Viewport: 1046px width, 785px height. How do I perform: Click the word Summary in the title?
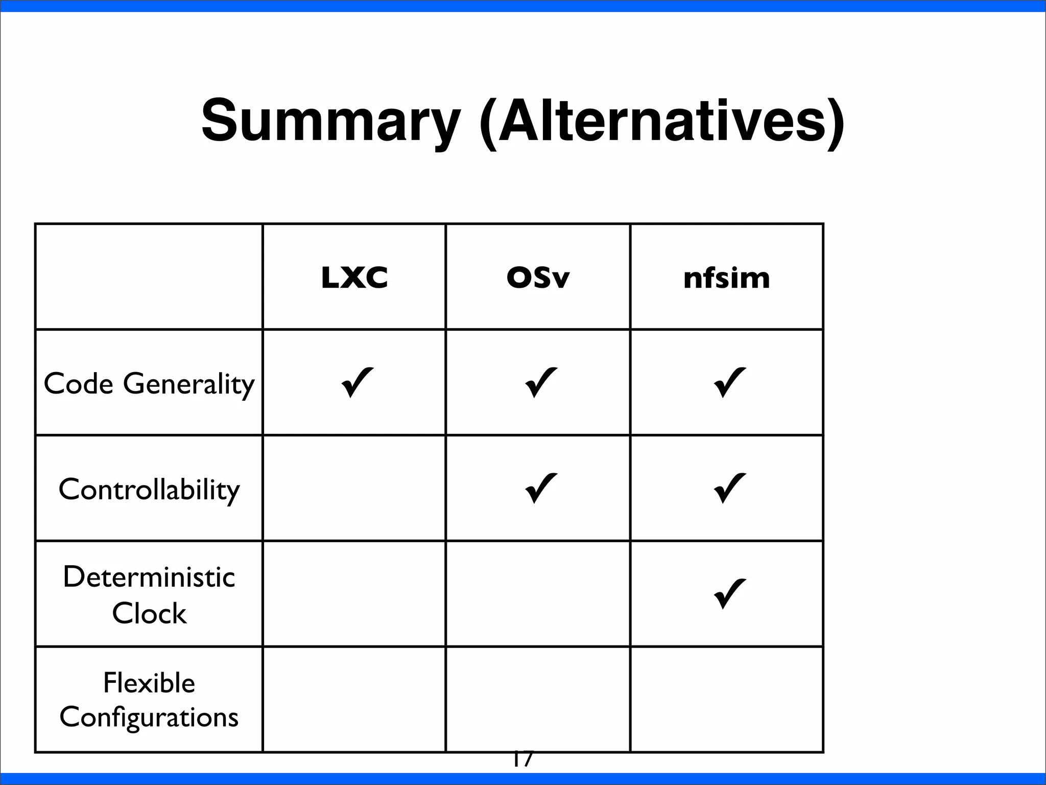(330, 121)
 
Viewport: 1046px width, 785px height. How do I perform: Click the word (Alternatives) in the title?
(662, 121)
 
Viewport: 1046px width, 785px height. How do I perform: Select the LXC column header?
(354, 278)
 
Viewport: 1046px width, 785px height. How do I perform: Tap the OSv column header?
(538, 278)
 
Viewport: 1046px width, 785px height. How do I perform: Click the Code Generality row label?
(149, 383)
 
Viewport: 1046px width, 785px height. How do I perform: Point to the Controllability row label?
(149, 490)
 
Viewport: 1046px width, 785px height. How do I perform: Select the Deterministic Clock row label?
(149, 594)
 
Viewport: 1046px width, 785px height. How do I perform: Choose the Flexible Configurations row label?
(149, 700)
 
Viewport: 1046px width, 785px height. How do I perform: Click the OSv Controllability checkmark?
(540, 488)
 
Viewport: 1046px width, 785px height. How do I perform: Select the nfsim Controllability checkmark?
(729, 488)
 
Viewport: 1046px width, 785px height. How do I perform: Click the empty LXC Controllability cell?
(354, 488)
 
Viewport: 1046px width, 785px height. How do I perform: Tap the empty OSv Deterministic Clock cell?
(538, 594)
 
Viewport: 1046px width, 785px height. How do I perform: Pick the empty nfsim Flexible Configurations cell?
(726, 700)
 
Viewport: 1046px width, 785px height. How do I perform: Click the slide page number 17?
(522, 760)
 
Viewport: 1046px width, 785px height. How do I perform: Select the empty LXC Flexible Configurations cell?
(354, 700)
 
